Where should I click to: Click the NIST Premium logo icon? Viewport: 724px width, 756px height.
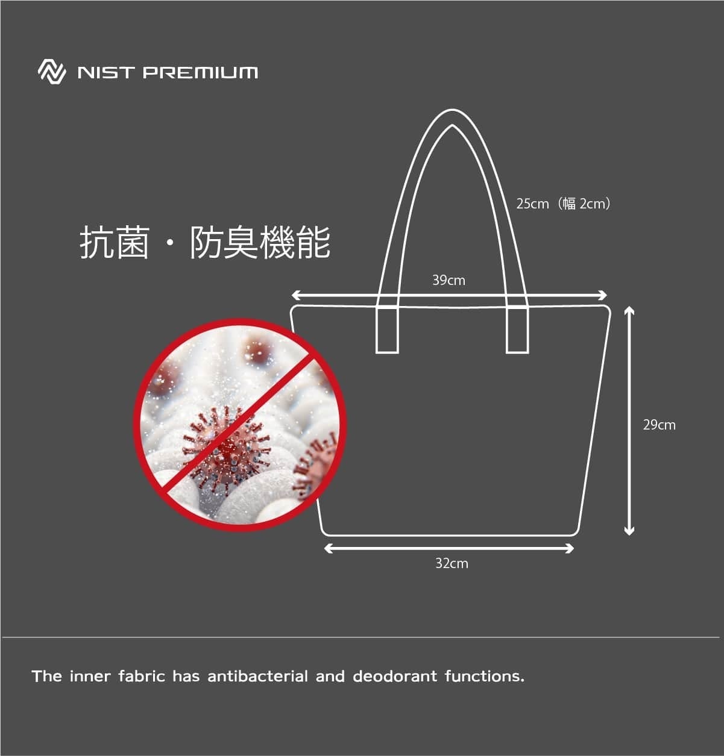coord(52,72)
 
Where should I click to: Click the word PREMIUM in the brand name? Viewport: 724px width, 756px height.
coord(200,73)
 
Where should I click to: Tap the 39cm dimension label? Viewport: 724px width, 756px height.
coord(449,280)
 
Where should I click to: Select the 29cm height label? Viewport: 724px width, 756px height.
coord(659,425)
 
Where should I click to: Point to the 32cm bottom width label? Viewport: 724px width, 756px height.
coord(452,563)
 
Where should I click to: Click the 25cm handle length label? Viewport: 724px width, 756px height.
coord(532,204)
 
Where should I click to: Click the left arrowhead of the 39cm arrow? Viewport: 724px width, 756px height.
coord(295,295)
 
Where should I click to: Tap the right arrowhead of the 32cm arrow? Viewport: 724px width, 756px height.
coord(569,548)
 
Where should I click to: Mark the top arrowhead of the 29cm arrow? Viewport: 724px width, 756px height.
coord(629,310)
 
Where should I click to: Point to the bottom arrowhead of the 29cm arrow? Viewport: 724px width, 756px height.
coord(629,531)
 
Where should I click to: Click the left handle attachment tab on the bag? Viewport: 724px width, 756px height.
coord(387,330)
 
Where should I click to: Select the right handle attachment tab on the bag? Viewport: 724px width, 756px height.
coord(517,330)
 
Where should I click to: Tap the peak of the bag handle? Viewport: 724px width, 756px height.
coord(452,111)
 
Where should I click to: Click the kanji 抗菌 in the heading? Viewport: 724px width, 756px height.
coord(115,243)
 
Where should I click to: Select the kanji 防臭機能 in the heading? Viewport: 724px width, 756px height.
coord(260,243)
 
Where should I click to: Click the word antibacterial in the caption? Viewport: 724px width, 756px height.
coord(257,676)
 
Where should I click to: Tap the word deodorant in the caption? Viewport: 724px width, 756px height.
coord(395,676)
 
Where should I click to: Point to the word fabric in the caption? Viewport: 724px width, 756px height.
coord(142,676)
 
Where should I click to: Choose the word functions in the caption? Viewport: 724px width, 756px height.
coord(485,676)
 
